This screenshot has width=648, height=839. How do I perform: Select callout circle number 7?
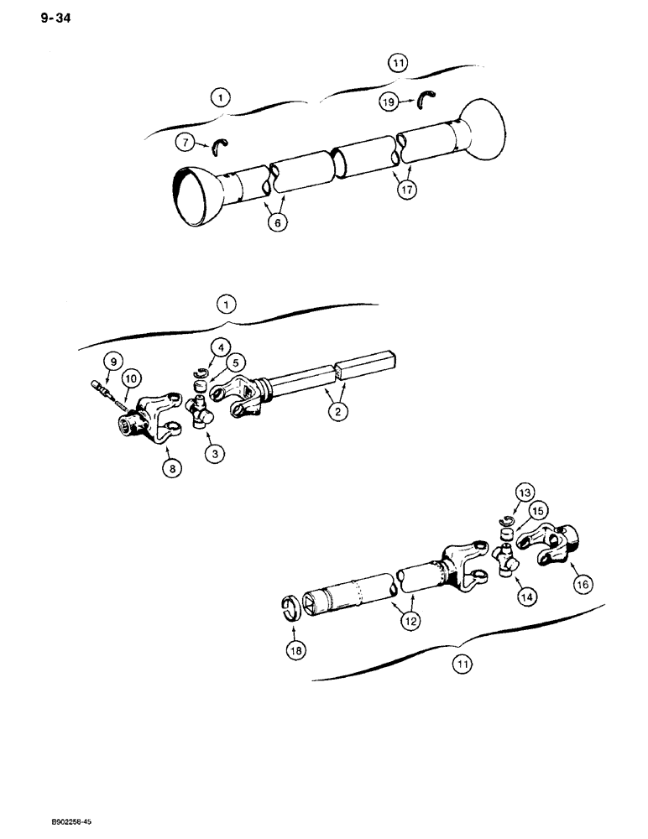pyautogui.click(x=186, y=143)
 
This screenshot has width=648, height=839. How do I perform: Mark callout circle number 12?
pyautogui.click(x=410, y=621)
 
